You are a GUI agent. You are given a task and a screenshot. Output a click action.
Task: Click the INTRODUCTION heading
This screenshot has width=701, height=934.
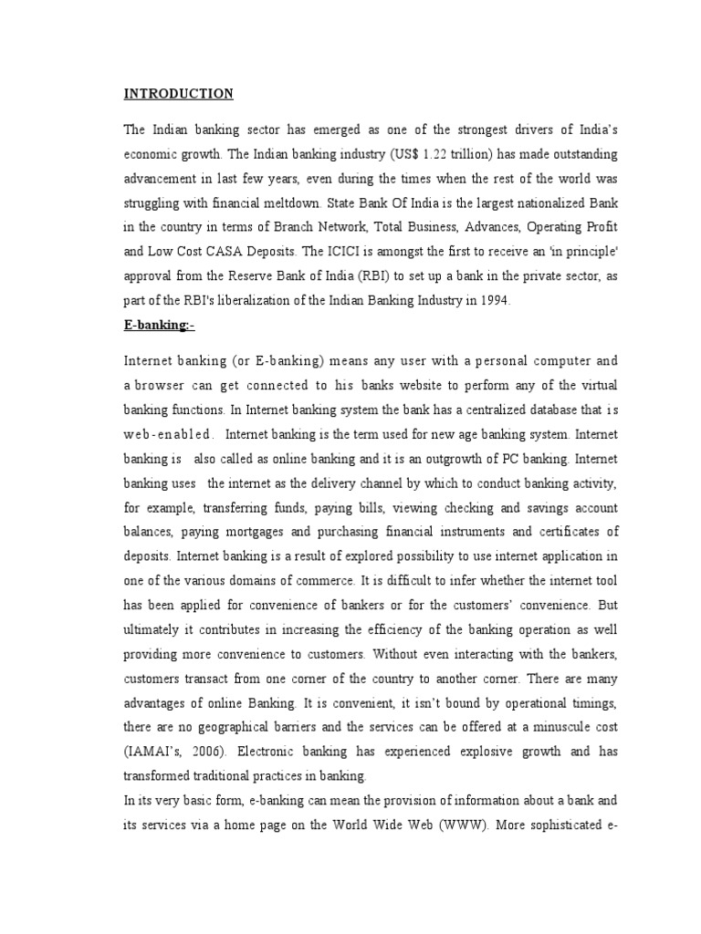(179, 94)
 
